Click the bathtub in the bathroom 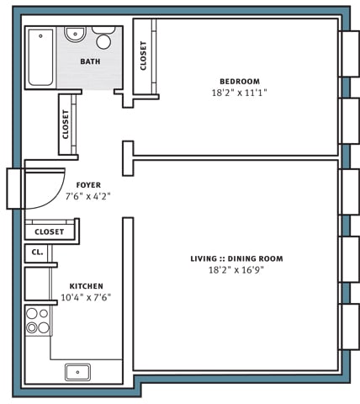[41, 57]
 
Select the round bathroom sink [76, 35]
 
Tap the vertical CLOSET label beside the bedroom [145, 56]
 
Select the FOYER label [88, 184]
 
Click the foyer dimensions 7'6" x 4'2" [88, 195]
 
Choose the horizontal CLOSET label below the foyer [50, 231]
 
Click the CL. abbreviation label [37, 252]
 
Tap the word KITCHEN [85, 286]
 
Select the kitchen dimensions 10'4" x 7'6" [85, 297]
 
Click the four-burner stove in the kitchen [38, 321]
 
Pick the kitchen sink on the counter [78, 371]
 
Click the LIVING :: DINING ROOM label [236, 258]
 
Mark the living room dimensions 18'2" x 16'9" [236, 270]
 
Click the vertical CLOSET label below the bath [66, 125]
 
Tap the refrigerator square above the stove [39, 284]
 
